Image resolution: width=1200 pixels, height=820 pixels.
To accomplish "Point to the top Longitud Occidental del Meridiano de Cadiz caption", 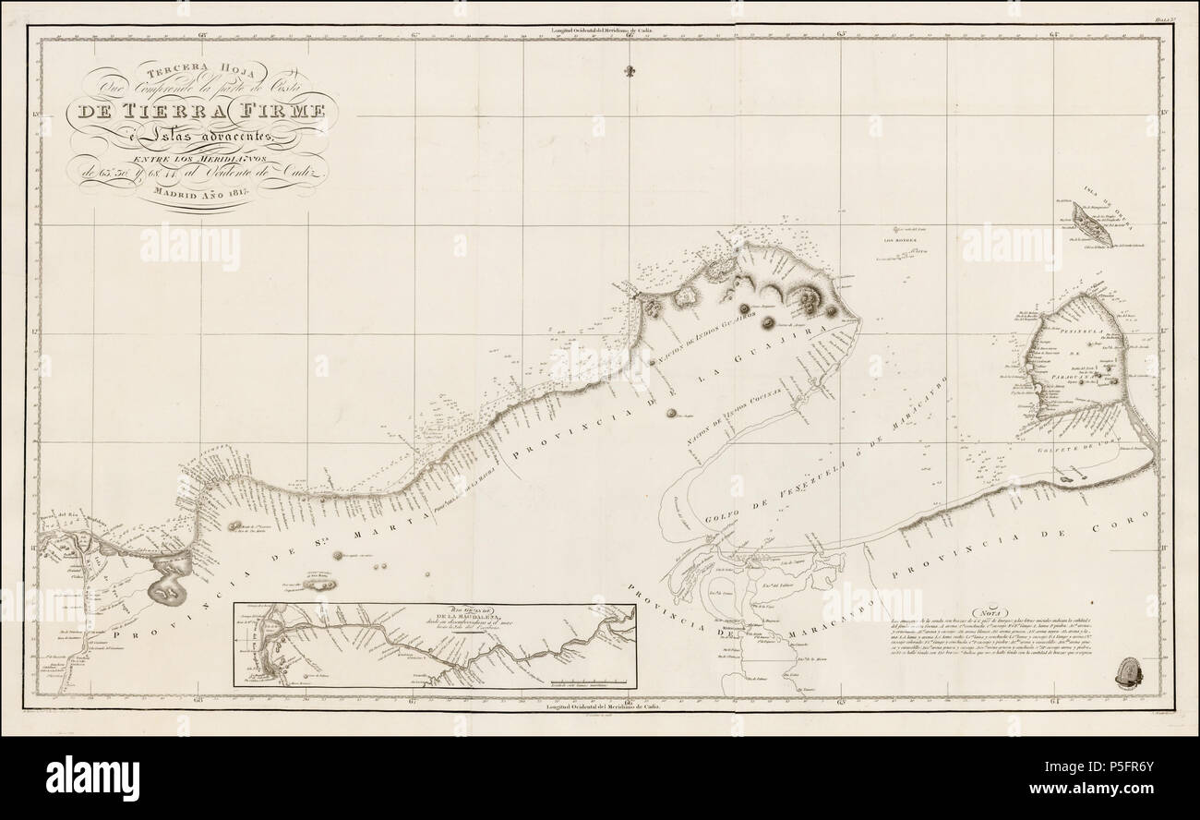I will pos(600,30).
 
